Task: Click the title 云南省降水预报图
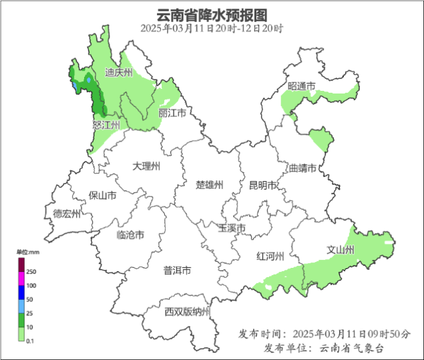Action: tap(212, 14)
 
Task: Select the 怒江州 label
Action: tap(105, 125)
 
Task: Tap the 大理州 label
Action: tap(146, 166)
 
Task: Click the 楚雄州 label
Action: tap(209, 185)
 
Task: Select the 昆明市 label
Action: tap(262, 185)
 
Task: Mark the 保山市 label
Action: tap(102, 196)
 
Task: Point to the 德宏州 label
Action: tap(67, 214)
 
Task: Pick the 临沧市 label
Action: tap(130, 234)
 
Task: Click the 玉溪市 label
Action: tap(232, 228)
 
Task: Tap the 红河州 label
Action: tap(270, 256)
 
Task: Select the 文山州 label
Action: tap(340, 250)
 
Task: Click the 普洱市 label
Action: tap(178, 271)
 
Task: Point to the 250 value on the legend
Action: tap(31, 272)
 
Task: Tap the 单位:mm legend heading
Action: tap(29, 252)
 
